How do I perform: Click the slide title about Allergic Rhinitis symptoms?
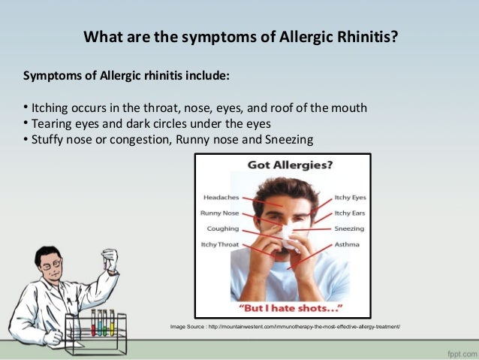[239, 37]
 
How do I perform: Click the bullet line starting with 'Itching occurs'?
[195, 107]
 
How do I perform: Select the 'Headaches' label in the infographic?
[221, 198]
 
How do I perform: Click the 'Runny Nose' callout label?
[220, 213]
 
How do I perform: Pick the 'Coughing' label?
[222, 228]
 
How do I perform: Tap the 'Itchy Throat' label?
[219, 244]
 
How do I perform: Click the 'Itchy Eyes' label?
[349, 198]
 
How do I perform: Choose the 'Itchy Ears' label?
[349, 213]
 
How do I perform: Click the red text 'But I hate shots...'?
[282, 308]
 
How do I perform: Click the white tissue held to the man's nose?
[288, 236]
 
